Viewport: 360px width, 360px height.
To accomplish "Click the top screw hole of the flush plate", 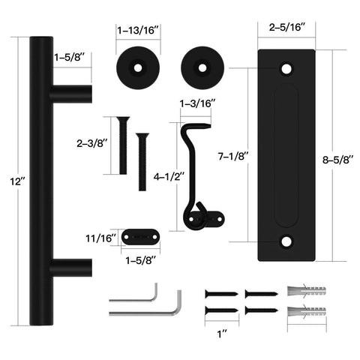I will click(x=286, y=68).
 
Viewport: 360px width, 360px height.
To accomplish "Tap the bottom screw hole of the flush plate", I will click(x=286, y=242).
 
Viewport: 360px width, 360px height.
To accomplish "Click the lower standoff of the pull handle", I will click(x=70, y=267).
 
